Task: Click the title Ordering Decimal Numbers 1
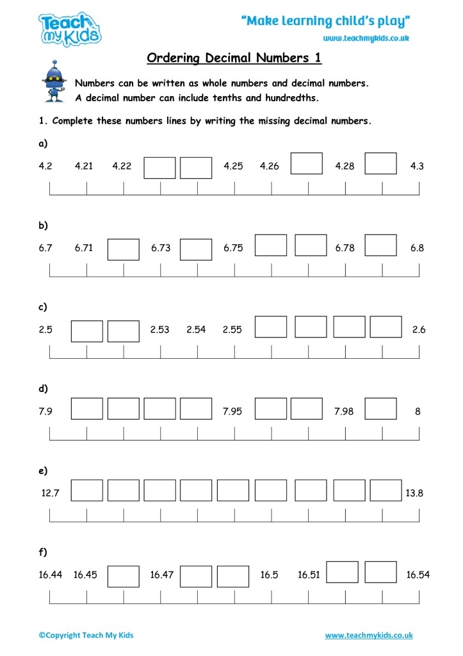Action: (x=234, y=58)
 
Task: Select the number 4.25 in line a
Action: (x=233, y=167)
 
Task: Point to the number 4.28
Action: (x=345, y=167)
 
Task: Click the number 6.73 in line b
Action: (x=161, y=249)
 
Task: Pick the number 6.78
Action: (x=345, y=249)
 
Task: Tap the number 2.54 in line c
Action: (x=196, y=330)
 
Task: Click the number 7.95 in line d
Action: (x=232, y=412)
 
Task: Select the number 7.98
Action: (x=344, y=412)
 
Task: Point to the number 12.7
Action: (x=51, y=493)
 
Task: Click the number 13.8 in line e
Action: (x=414, y=493)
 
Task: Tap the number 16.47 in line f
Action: (x=162, y=575)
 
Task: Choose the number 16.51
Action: (x=309, y=575)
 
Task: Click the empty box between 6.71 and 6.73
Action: (x=124, y=249)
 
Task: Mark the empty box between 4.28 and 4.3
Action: (x=381, y=163)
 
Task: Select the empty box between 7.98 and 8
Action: (x=381, y=409)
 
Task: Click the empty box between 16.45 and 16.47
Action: (x=124, y=576)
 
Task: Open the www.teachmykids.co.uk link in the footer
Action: (x=369, y=635)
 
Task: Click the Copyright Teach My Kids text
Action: (x=86, y=635)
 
